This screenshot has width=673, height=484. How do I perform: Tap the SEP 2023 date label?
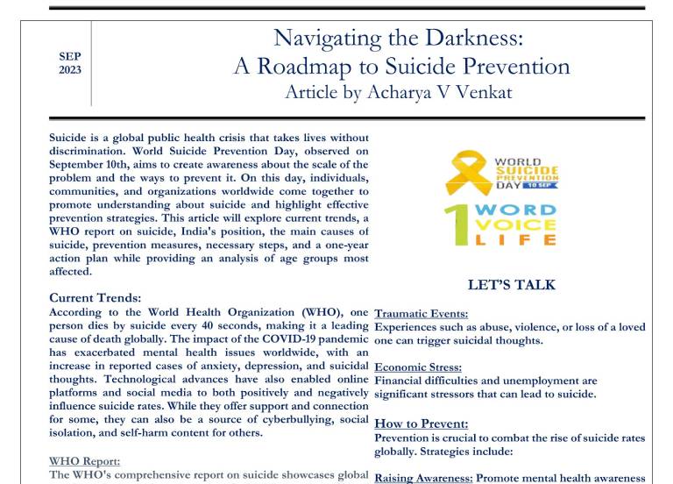(70, 62)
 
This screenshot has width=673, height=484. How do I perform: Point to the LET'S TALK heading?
(511, 285)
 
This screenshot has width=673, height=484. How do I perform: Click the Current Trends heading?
(96, 298)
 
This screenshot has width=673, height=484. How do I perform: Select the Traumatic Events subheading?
(421, 314)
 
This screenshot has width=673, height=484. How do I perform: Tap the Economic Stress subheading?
(418, 367)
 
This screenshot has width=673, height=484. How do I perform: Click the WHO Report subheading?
(84, 461)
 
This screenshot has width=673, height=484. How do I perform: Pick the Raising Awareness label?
(423, 478)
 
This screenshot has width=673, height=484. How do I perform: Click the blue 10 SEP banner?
(541, 186)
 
